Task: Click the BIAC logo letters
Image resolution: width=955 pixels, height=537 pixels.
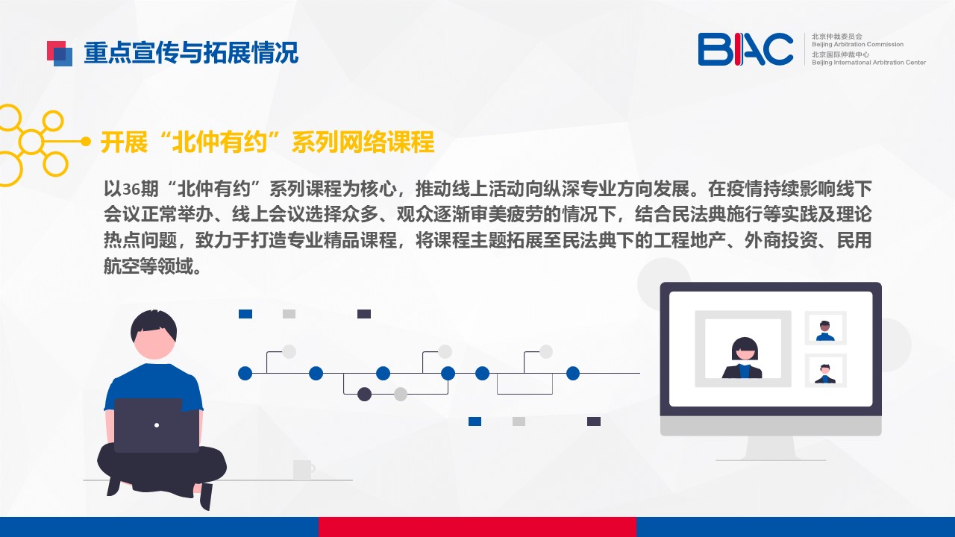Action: pyautogui.click(x=745, y=49)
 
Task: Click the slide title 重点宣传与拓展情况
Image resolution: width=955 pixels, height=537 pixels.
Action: pyautogui.click(x=191, y=53)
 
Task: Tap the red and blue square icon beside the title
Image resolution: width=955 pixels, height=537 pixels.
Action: pyautogui.click(x=60, y=54)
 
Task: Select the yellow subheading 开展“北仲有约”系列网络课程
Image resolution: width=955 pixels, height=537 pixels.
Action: pyautogui.click(x=267, y=142)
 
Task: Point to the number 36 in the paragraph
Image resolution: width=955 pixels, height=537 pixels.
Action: pyautogui.click(x=131, y=189)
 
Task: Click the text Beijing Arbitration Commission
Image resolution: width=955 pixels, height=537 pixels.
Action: pyautogui.click(x=857, y=44)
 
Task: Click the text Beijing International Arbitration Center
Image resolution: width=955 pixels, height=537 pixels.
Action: pyautogui.click(x=868, y=63)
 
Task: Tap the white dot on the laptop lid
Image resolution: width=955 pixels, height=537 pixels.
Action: pyautogui.click(x=157, y=425)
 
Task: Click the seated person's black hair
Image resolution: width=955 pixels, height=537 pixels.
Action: pyautogui.click(x=154, y=325)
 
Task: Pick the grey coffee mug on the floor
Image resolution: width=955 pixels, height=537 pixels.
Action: pyautogui.click(x=304, y=470)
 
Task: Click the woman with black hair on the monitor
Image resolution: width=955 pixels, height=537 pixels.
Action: pyautogui.click(x=742, y=358)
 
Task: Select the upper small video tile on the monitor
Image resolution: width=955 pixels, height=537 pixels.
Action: pyautogui.click(x=825, y=327)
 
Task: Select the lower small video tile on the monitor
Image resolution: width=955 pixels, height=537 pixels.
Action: pyautogui.click(x=825, y=371)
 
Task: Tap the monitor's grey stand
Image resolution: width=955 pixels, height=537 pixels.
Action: pyautogui.click(x=771, y=448)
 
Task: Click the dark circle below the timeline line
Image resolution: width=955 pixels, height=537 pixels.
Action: pyautogui.click(x=364, y=395)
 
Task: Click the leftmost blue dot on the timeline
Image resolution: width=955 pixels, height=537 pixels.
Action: pyautogui.click(x=245, y=374)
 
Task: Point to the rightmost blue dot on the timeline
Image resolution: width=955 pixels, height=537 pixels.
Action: pyautogui.click(x=573, y=374)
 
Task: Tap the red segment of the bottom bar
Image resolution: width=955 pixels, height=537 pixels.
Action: pyautogui.click(x=477, y=527)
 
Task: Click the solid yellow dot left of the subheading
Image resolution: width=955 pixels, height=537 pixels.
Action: pyautogui.click(x=86, y=142)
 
